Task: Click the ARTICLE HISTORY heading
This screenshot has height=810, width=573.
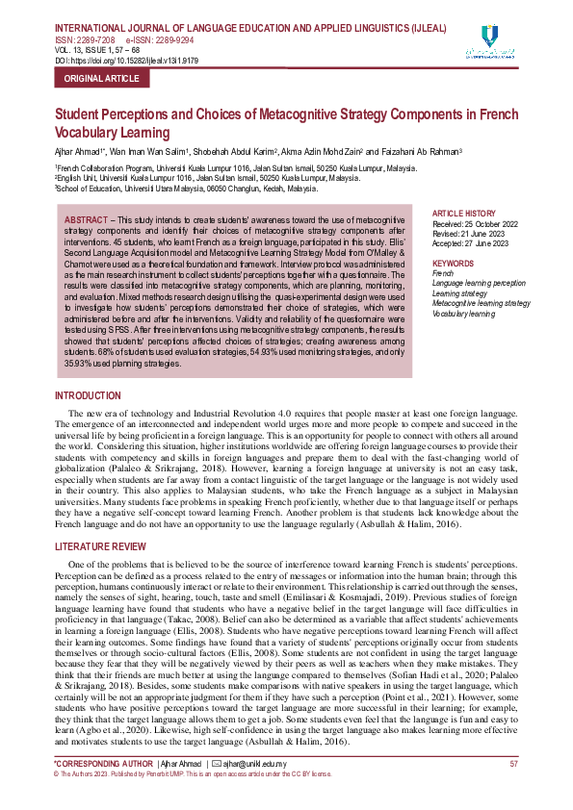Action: pyautogui.click(x=464, y=213)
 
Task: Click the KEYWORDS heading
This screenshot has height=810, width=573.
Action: pyautogui.click(x=454, y=263)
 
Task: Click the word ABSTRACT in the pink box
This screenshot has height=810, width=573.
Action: pyautogui.click(x=86, y=221)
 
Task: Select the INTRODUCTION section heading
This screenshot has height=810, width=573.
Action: pyautogui.click(x=89, y=396)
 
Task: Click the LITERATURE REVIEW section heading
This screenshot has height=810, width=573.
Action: pyautogui.click(x=102, y=546)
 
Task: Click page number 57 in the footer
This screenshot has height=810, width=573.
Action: pyautogui.click(x=514, y=763)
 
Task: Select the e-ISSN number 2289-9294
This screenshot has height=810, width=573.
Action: pyautogui.click(x=179, y=41)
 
